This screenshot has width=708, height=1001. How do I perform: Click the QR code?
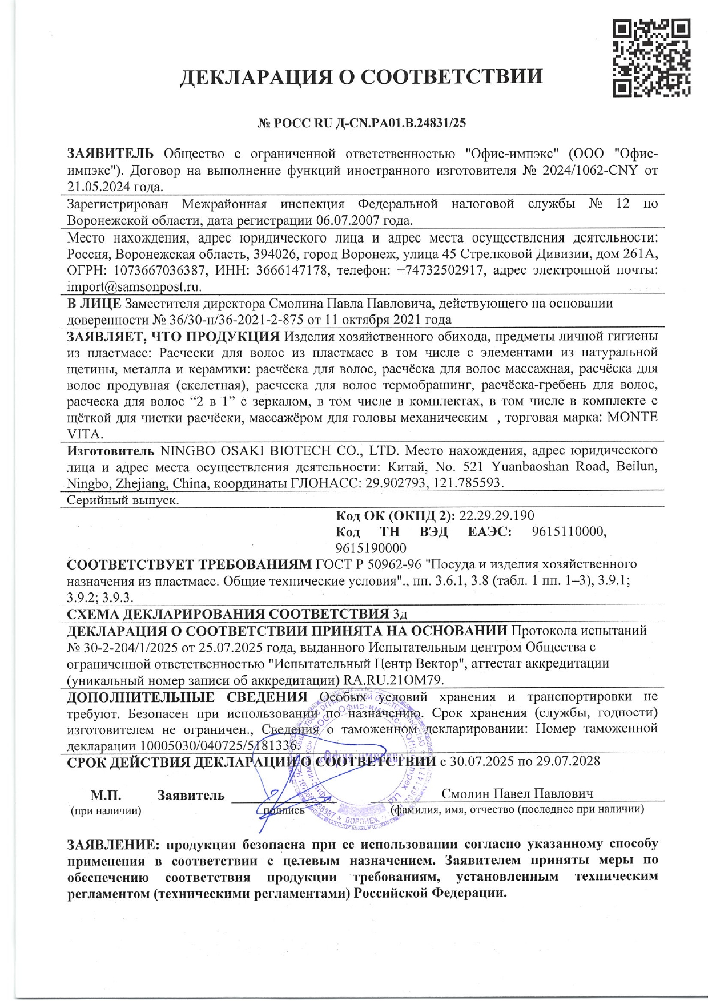pos(651,58)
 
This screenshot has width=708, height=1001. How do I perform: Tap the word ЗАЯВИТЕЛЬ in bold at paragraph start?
pos(110,154)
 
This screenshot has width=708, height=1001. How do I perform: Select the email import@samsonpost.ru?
pos(134,287)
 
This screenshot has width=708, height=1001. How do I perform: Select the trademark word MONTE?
pos(632,417)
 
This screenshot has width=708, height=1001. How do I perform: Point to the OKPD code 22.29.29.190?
pos(497,516)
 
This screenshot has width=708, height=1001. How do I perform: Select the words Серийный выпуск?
pos(123,500)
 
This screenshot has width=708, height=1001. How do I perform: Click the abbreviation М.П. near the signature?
pos(106,796)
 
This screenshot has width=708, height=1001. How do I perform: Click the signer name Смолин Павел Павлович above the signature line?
pos(517,794)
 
